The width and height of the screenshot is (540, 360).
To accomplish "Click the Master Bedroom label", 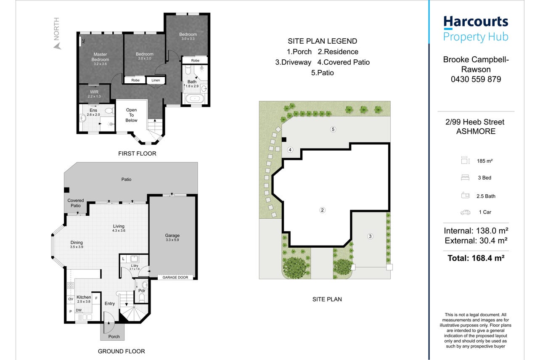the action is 100,57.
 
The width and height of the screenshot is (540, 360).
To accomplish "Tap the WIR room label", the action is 94,92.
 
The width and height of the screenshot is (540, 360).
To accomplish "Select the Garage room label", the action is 172,236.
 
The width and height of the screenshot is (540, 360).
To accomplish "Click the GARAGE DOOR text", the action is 175,278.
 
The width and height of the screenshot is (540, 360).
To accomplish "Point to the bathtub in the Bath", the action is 194,98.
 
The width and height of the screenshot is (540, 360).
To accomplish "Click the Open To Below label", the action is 131,115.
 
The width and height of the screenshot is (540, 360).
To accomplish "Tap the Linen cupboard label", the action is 156,80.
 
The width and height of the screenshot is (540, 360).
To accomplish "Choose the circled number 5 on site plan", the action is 333,129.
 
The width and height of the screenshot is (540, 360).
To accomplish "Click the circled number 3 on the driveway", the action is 370,236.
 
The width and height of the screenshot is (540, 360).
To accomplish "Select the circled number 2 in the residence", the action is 322,210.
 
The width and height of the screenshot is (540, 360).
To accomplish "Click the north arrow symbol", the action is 57,46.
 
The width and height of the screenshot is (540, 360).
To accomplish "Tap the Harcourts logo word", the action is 476,22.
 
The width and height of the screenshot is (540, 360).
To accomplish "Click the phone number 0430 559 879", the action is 476,79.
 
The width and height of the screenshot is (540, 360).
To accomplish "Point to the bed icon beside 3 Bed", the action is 465,178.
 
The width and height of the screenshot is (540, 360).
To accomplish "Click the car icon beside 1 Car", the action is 465,212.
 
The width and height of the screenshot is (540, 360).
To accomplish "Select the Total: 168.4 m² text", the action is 476,258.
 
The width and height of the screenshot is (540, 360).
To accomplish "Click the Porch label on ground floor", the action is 114,336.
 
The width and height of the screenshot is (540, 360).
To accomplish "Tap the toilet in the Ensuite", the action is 110,111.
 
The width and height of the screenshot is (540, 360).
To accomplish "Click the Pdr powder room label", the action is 142,291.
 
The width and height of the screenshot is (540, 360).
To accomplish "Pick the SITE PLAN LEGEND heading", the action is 322,41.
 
